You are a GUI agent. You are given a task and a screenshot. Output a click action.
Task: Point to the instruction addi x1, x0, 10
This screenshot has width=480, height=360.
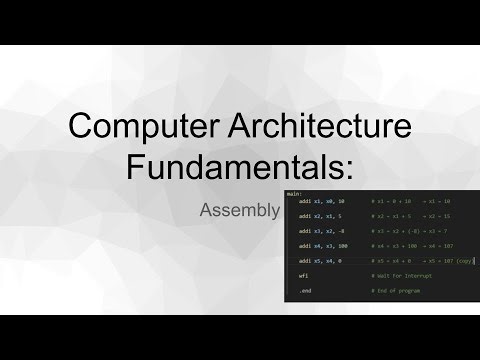(321, 201)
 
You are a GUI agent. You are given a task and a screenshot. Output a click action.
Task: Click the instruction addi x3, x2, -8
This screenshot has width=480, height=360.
(320, 229)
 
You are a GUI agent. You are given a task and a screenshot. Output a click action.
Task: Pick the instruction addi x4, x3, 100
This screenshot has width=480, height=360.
(323, 244)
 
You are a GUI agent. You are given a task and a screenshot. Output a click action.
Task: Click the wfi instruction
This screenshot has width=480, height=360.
(303, 273)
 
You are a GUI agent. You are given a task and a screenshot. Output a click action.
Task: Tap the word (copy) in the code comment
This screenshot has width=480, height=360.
(465, 258)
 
